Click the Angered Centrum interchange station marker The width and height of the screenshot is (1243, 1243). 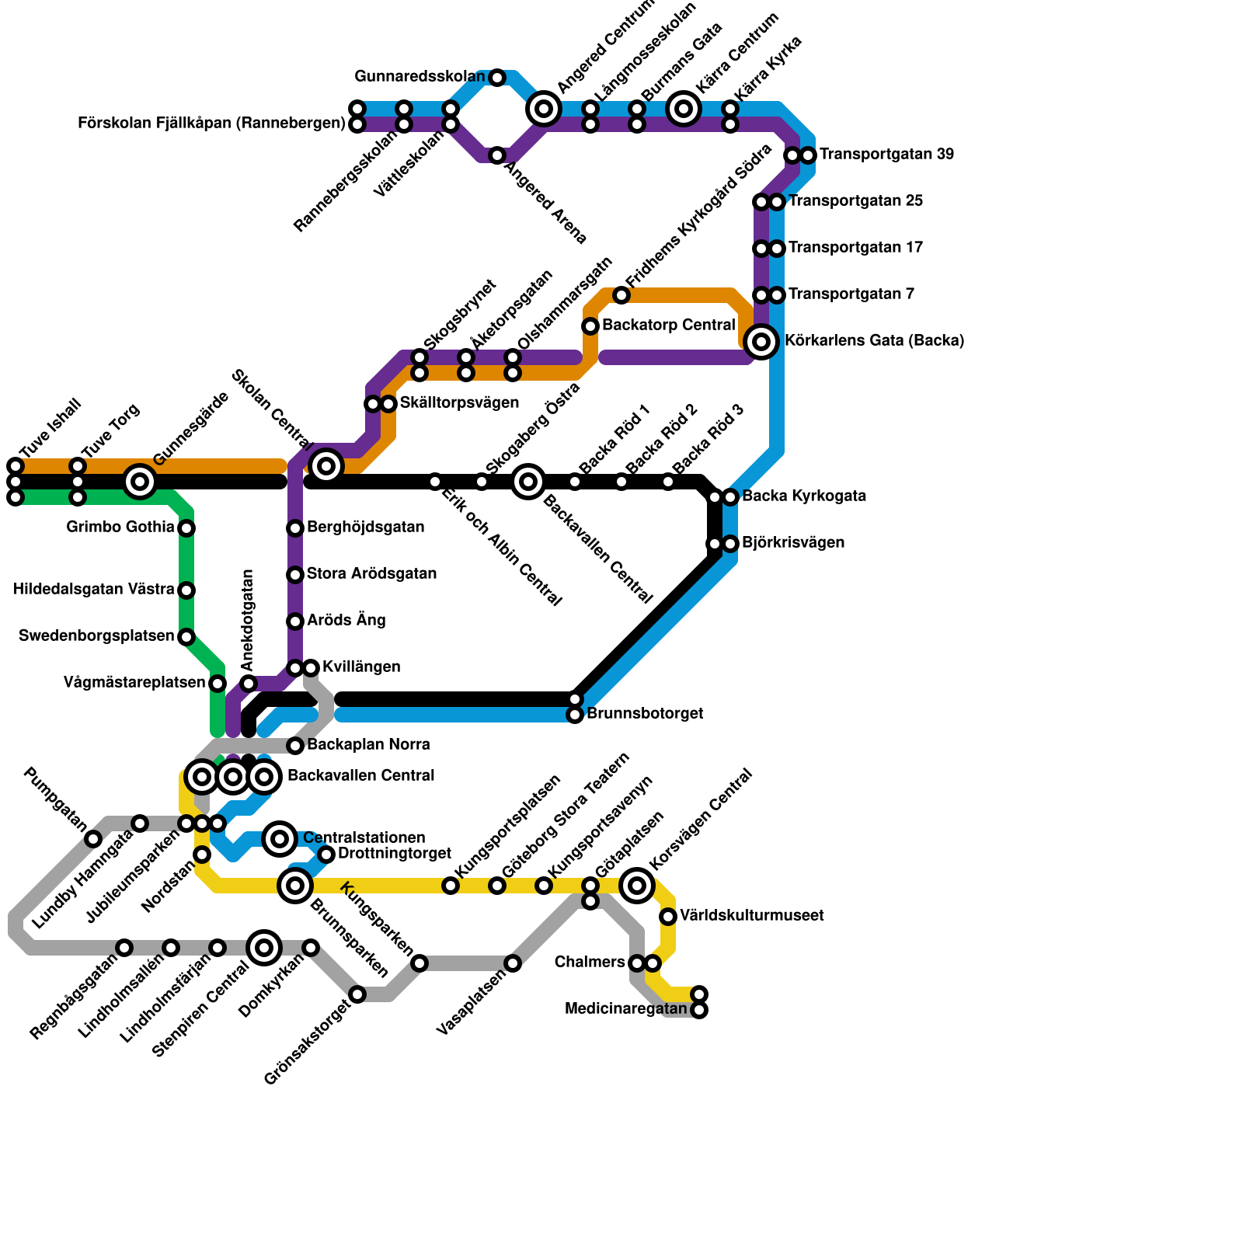544,109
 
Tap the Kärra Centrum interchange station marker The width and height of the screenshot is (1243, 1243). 684,109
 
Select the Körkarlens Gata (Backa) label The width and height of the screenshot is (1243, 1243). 874,341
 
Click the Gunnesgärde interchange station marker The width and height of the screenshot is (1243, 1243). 140,482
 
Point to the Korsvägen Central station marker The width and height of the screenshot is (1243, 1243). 637,885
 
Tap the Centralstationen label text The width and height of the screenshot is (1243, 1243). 364,838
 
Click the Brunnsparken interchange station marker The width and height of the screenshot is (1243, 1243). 295,885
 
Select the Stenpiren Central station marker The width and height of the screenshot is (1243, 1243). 264,947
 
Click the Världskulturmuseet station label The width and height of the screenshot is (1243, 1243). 751,916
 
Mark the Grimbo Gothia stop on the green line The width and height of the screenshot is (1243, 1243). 186,528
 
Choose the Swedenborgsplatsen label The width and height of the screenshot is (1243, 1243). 96,636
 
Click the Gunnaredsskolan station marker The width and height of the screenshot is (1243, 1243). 497,78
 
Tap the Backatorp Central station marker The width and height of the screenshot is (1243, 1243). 590,326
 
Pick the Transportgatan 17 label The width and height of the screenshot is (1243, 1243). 855,248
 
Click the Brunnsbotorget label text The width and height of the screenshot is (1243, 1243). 644,714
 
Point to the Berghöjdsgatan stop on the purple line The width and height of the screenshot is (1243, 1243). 295,528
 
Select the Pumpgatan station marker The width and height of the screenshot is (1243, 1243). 93,839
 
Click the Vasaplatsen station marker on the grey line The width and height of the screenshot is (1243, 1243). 513,963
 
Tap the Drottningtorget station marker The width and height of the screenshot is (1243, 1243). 326,855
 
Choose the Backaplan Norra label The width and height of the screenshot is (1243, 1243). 368,745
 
